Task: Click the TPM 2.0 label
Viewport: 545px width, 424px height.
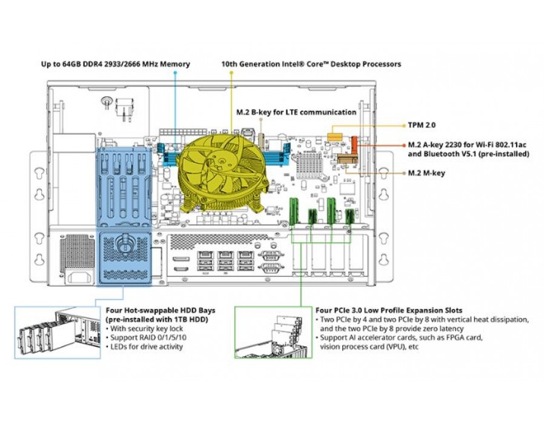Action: click(421, 125)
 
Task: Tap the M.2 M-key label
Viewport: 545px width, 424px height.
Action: click(426, 173)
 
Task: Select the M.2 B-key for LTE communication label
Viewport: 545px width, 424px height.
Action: click(296, 112)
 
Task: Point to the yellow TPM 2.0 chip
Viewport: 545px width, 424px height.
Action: click(335, 136)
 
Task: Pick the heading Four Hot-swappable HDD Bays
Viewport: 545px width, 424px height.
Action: click(160, 310)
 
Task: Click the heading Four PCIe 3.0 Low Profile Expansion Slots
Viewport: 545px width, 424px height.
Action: click(389, 310)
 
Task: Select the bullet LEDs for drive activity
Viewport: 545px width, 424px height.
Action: click(144, 346)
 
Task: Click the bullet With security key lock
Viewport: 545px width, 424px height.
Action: click(145, 328)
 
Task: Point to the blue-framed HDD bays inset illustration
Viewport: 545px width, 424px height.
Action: click(58, 333)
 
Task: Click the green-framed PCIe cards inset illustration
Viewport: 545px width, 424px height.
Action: click(274, 333)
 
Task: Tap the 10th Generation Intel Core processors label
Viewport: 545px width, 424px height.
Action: click(311, 64)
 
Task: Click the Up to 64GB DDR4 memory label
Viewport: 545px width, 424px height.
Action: click(116, 64)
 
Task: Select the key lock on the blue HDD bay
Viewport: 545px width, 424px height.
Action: click(124, 242)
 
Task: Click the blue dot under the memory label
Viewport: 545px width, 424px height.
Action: click(175, 73)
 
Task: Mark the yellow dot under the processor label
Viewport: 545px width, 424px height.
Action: click(231, 73)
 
